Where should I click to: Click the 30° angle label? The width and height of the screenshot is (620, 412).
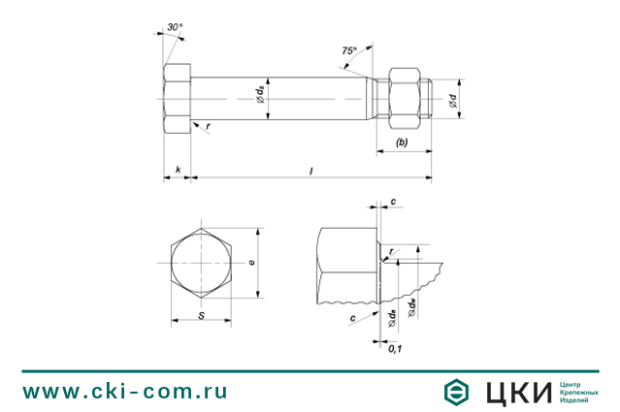pyautogui.click(x=174, y=27)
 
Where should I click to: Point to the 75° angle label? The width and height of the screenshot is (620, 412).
pyautogui.click(x=349, y=48)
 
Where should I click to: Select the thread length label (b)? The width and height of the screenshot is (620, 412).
pyautogui.click(x=401, y=143)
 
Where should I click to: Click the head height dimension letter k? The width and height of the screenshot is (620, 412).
pyautogui.click(x=178, y=171)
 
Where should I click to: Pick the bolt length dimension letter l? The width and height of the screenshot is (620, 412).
pyautogui.click(x=310, y=171)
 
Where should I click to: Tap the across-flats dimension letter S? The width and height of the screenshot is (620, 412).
pyautogui.click(x=201, y=315)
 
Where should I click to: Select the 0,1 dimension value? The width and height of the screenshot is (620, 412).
pyautogui.click(x=396, y=347)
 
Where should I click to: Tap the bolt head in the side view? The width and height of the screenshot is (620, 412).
pyautogui.click(x=177, y=99)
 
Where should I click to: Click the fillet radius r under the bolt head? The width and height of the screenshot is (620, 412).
pyautogui.click(x=208, y=126)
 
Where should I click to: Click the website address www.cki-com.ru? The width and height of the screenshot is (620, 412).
pyautogui.click(x=125, y=391)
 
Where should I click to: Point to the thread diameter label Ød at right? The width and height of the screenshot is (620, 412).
pyautogui.click(x=453, y=99)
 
